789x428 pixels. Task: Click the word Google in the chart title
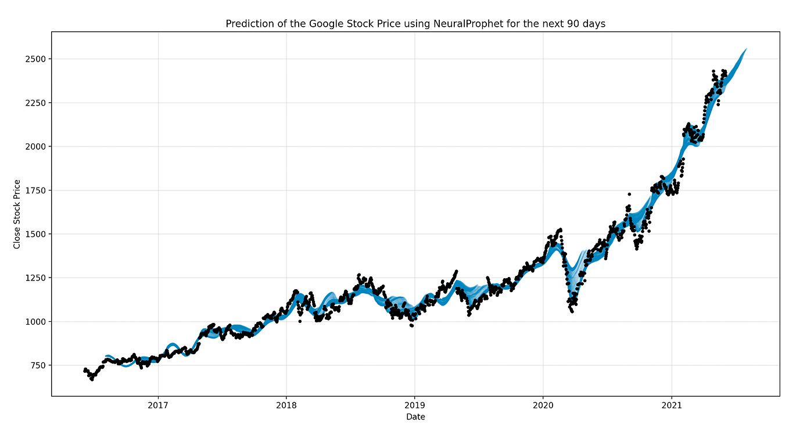click(313, 24)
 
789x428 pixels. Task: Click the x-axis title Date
click(415, 417)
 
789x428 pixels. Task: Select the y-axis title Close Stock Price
click(17, 214)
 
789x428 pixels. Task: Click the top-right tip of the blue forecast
click(745, 49)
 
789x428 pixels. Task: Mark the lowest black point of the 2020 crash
click(572, 312)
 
